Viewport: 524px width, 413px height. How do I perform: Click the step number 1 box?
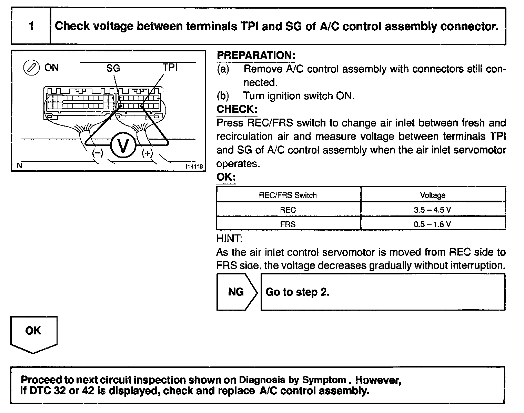tap(31, 26)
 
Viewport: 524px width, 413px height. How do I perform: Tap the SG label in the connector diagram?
tap(113, 68)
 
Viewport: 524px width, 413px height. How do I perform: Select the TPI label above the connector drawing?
tap(170, 67)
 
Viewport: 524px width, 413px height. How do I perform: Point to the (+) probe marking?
tap(147, 153)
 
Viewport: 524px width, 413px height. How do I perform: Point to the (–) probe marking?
tap(98, 153)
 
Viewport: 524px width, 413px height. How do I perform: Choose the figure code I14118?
tap(194, 167)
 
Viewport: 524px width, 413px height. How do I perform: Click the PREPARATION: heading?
tap(256, 55)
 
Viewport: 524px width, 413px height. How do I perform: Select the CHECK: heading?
tap(237, 109)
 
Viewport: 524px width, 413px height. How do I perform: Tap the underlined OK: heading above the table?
tap(226, 177)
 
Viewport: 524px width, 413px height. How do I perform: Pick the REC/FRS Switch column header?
tap(288, 195)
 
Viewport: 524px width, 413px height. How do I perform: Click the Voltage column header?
tap(433, 195)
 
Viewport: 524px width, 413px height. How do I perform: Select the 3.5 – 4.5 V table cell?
tap(433, 210)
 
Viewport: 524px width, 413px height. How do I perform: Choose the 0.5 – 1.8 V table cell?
tap(433, 224)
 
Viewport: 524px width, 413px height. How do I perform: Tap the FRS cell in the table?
tap(288, 224)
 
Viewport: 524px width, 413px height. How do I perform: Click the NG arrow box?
tap(236, 292)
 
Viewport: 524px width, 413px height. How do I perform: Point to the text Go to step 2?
tap(298, 292)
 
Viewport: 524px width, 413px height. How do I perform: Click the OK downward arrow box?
tap(33, 333)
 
